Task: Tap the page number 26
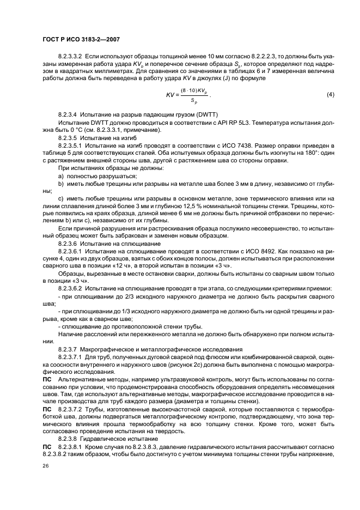[46, 465]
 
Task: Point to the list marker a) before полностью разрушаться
[60, 176]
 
